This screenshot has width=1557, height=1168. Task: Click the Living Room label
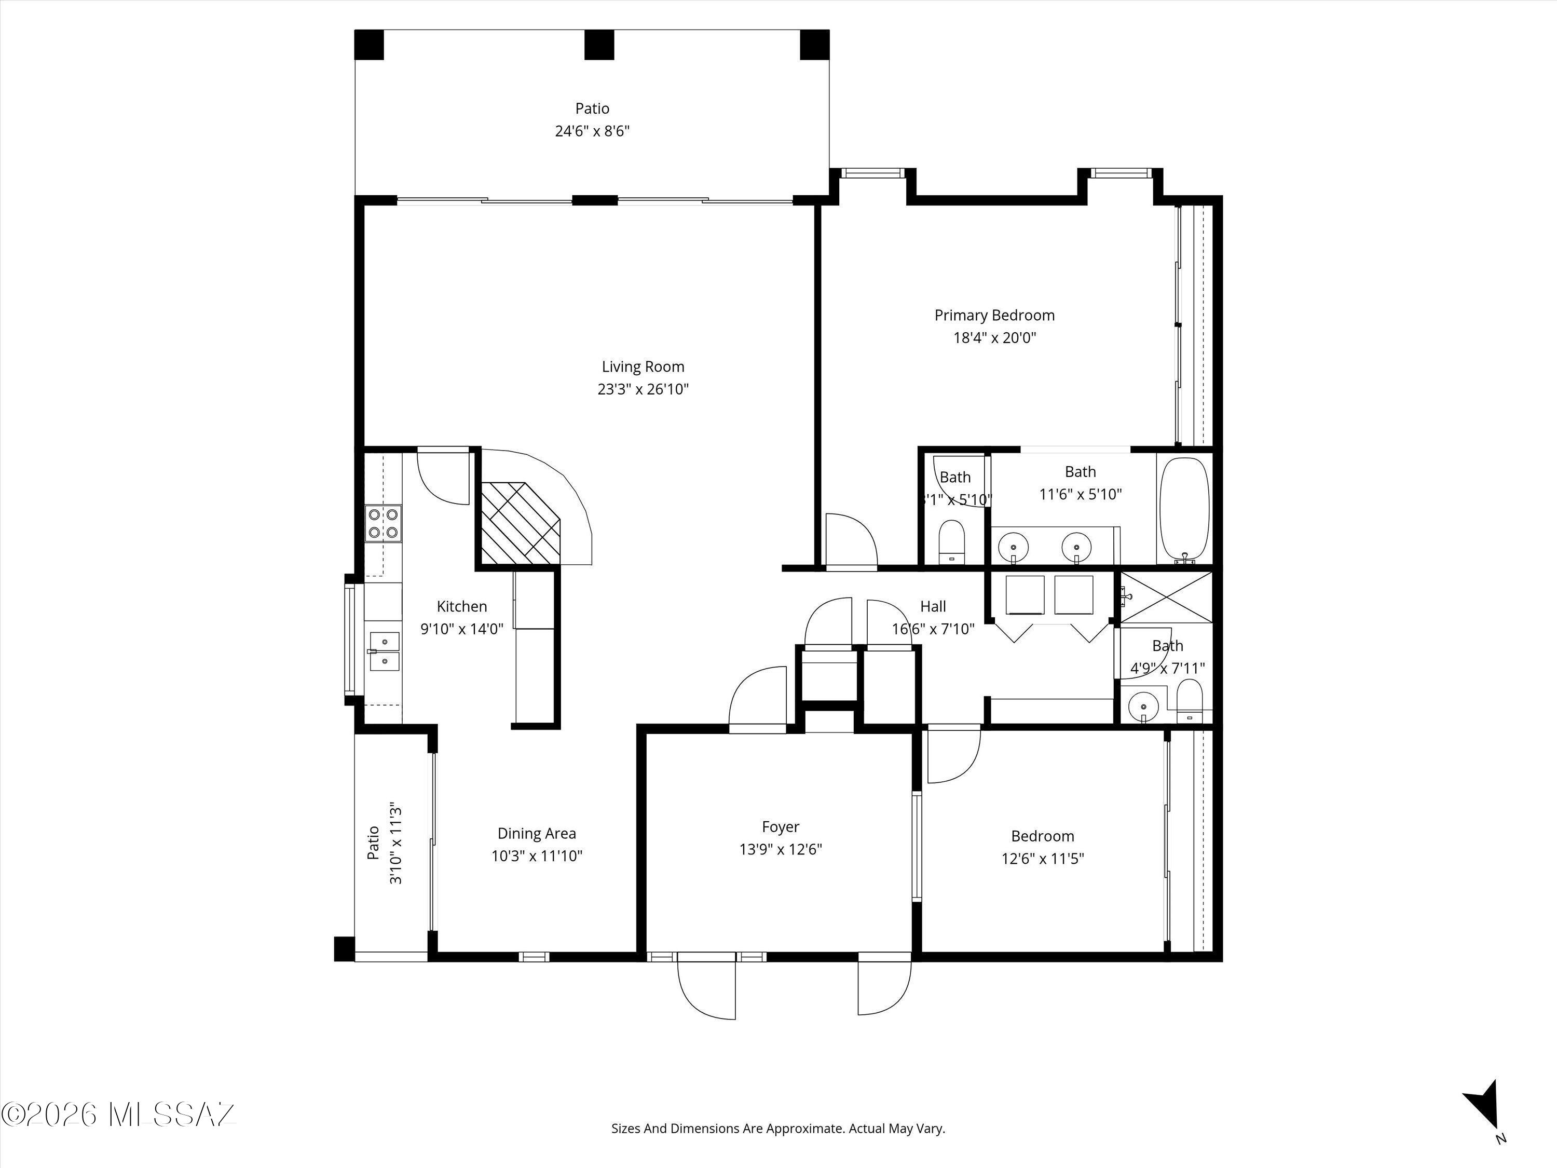(643, 367)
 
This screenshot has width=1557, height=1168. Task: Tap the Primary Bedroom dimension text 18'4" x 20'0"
(994, 338)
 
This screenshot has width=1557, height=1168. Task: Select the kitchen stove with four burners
(384, 524)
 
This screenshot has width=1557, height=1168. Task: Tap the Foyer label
(780, 826)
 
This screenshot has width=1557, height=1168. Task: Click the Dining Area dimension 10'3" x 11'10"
(536, 856)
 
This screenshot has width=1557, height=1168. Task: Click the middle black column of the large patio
(599, 44)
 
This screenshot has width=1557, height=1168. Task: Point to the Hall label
(933, 606)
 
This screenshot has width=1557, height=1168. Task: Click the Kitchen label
(462, 606)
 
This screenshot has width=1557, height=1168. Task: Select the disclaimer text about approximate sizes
(778, 1148)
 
